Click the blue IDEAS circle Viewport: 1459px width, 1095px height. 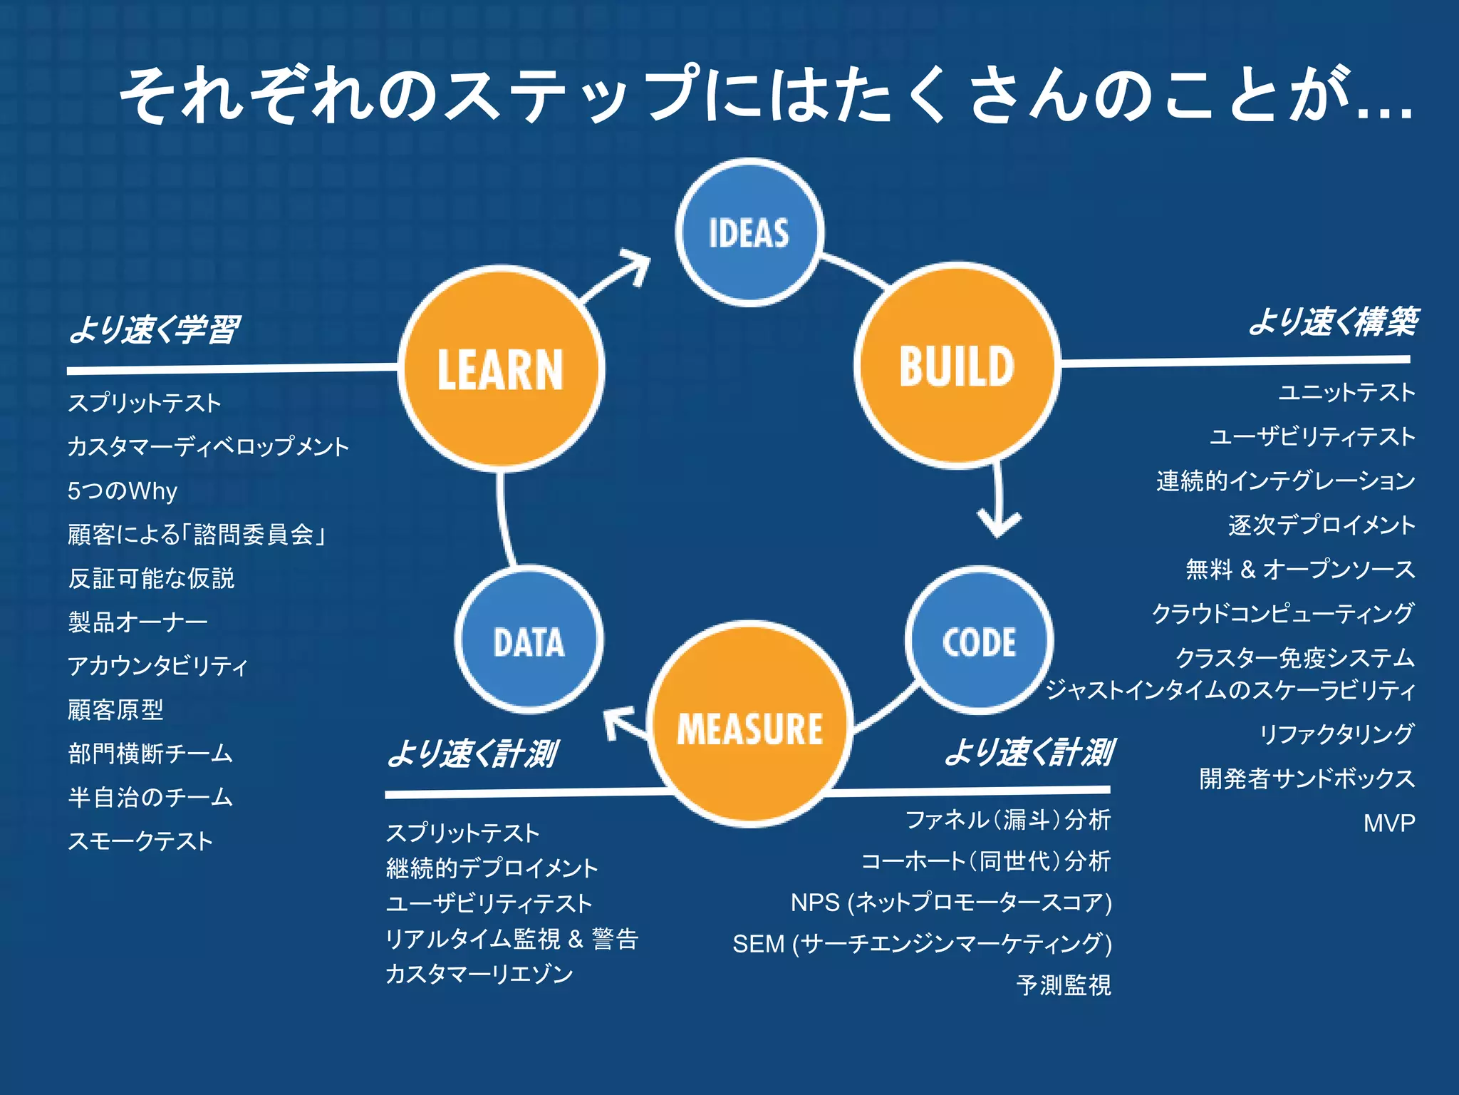click(749, 232)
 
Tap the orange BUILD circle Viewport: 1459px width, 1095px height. click(957, 366)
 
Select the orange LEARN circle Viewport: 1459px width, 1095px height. click(501, 369)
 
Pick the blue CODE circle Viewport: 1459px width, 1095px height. click(979, 641)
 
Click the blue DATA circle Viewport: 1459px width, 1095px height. click(529, 640)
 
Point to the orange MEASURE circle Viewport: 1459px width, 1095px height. click(750, 725)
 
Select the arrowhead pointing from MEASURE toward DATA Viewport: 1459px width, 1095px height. click(616, 721)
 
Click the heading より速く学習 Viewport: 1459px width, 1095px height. click(154, 329)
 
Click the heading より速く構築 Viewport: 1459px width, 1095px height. click(1333, 322)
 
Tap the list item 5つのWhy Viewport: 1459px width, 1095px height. click(122, 490)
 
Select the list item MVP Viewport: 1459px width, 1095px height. click(1388, 823)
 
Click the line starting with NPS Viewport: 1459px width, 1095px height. click(950, 903)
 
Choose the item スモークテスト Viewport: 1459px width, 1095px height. click(140, 841)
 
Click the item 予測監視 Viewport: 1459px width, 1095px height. click(1063, 985)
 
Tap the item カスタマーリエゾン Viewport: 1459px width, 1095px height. click(479, 974)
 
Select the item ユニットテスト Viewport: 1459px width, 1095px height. click(1346, 392)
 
